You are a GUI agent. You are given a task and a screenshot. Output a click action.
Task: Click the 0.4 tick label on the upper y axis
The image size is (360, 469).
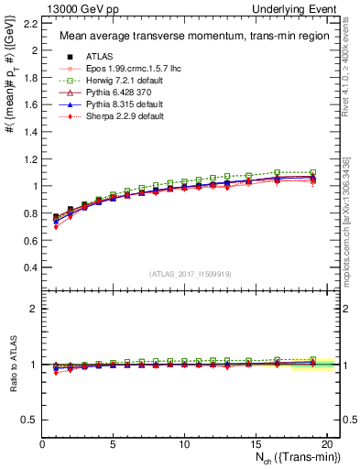[31, 267]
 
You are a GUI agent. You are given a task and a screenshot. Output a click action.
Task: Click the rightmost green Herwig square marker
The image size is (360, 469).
[313, 173]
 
